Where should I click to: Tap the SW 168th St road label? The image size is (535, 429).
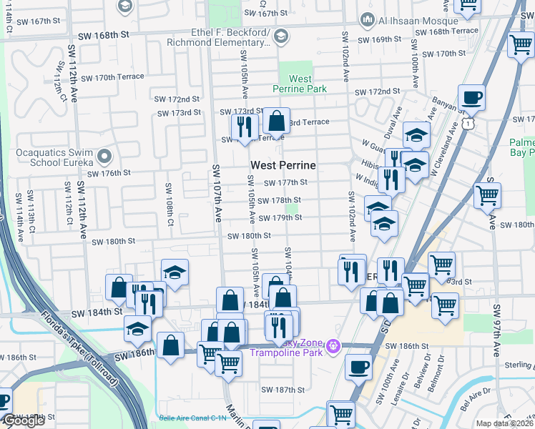[x=109, y=34]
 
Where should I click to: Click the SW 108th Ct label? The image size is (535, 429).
[x=170, y=201]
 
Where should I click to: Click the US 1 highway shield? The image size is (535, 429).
[x=466, y=124]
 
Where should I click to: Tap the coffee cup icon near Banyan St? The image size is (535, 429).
[x=471, y=98]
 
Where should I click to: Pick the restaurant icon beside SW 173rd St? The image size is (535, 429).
[x=245, y=127]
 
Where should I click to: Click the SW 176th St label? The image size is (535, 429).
[x=109, y=172]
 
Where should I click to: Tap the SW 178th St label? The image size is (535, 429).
[x=279, y=200]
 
